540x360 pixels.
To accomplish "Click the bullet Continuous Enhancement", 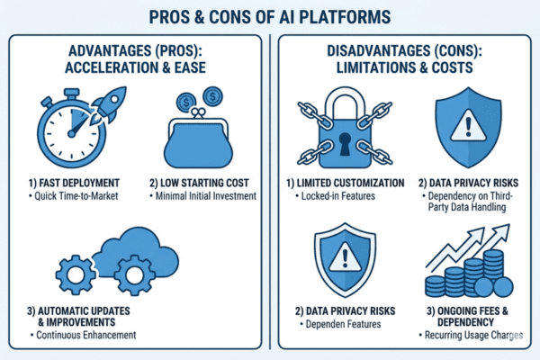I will click(x=83, y=336).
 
